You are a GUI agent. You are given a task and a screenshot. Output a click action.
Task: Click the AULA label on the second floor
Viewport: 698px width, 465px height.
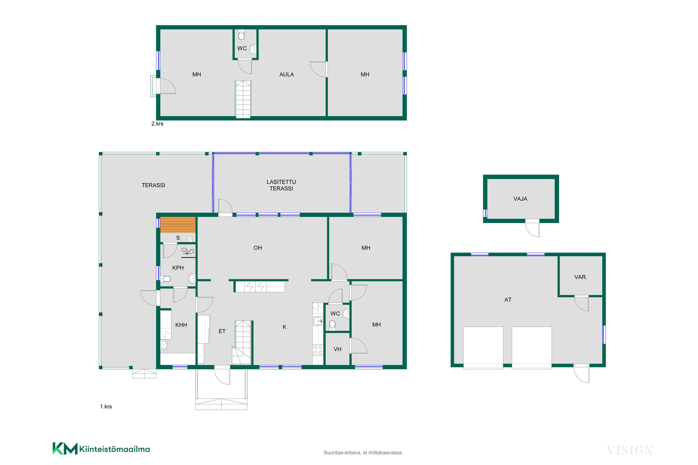(x=286, y=74)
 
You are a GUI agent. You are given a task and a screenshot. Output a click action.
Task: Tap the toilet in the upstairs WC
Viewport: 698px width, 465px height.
(x=241, y=35)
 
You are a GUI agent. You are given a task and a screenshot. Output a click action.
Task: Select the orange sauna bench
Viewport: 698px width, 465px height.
(x=178, y=225)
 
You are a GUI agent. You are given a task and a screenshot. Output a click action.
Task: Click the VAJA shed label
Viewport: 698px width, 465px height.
(x=520, y=199)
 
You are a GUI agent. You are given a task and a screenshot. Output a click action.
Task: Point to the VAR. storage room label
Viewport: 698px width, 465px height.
(x=581, y=277)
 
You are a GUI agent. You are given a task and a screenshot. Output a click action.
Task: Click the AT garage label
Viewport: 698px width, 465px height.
(x=508, y=300)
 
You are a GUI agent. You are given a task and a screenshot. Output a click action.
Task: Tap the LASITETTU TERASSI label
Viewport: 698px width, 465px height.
(x=281, y=185)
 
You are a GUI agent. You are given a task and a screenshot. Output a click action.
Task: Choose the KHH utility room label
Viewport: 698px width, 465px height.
(x=181, y=325)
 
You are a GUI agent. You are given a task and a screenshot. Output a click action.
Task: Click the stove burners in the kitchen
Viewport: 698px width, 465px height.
(x=318, y=350)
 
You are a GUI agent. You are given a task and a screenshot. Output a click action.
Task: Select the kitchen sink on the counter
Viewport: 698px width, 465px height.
(x=318, y=321)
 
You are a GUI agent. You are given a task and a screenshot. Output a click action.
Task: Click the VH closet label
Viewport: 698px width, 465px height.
(x=337, y=349)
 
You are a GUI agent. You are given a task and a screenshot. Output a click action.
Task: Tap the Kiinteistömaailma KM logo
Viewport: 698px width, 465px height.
(x=101, y=449)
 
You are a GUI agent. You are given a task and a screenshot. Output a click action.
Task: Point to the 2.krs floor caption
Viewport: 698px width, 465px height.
(x=157, y=124)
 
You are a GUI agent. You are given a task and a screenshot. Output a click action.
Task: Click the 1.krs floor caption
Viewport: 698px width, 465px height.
(x=106, y=407)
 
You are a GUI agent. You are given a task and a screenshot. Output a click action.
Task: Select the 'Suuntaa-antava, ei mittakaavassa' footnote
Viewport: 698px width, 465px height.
(x=362, y=453)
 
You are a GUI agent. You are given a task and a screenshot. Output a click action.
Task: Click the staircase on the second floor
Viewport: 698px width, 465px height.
(x=243, y=99)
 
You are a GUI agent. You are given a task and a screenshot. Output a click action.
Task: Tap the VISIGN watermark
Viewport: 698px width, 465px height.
(x=630, y=450)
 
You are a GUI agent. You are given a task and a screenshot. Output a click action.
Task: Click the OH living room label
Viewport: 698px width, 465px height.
(x=258, y=248)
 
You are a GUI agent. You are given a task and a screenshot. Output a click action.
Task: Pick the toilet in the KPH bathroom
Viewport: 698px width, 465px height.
(x=166, y=279)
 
